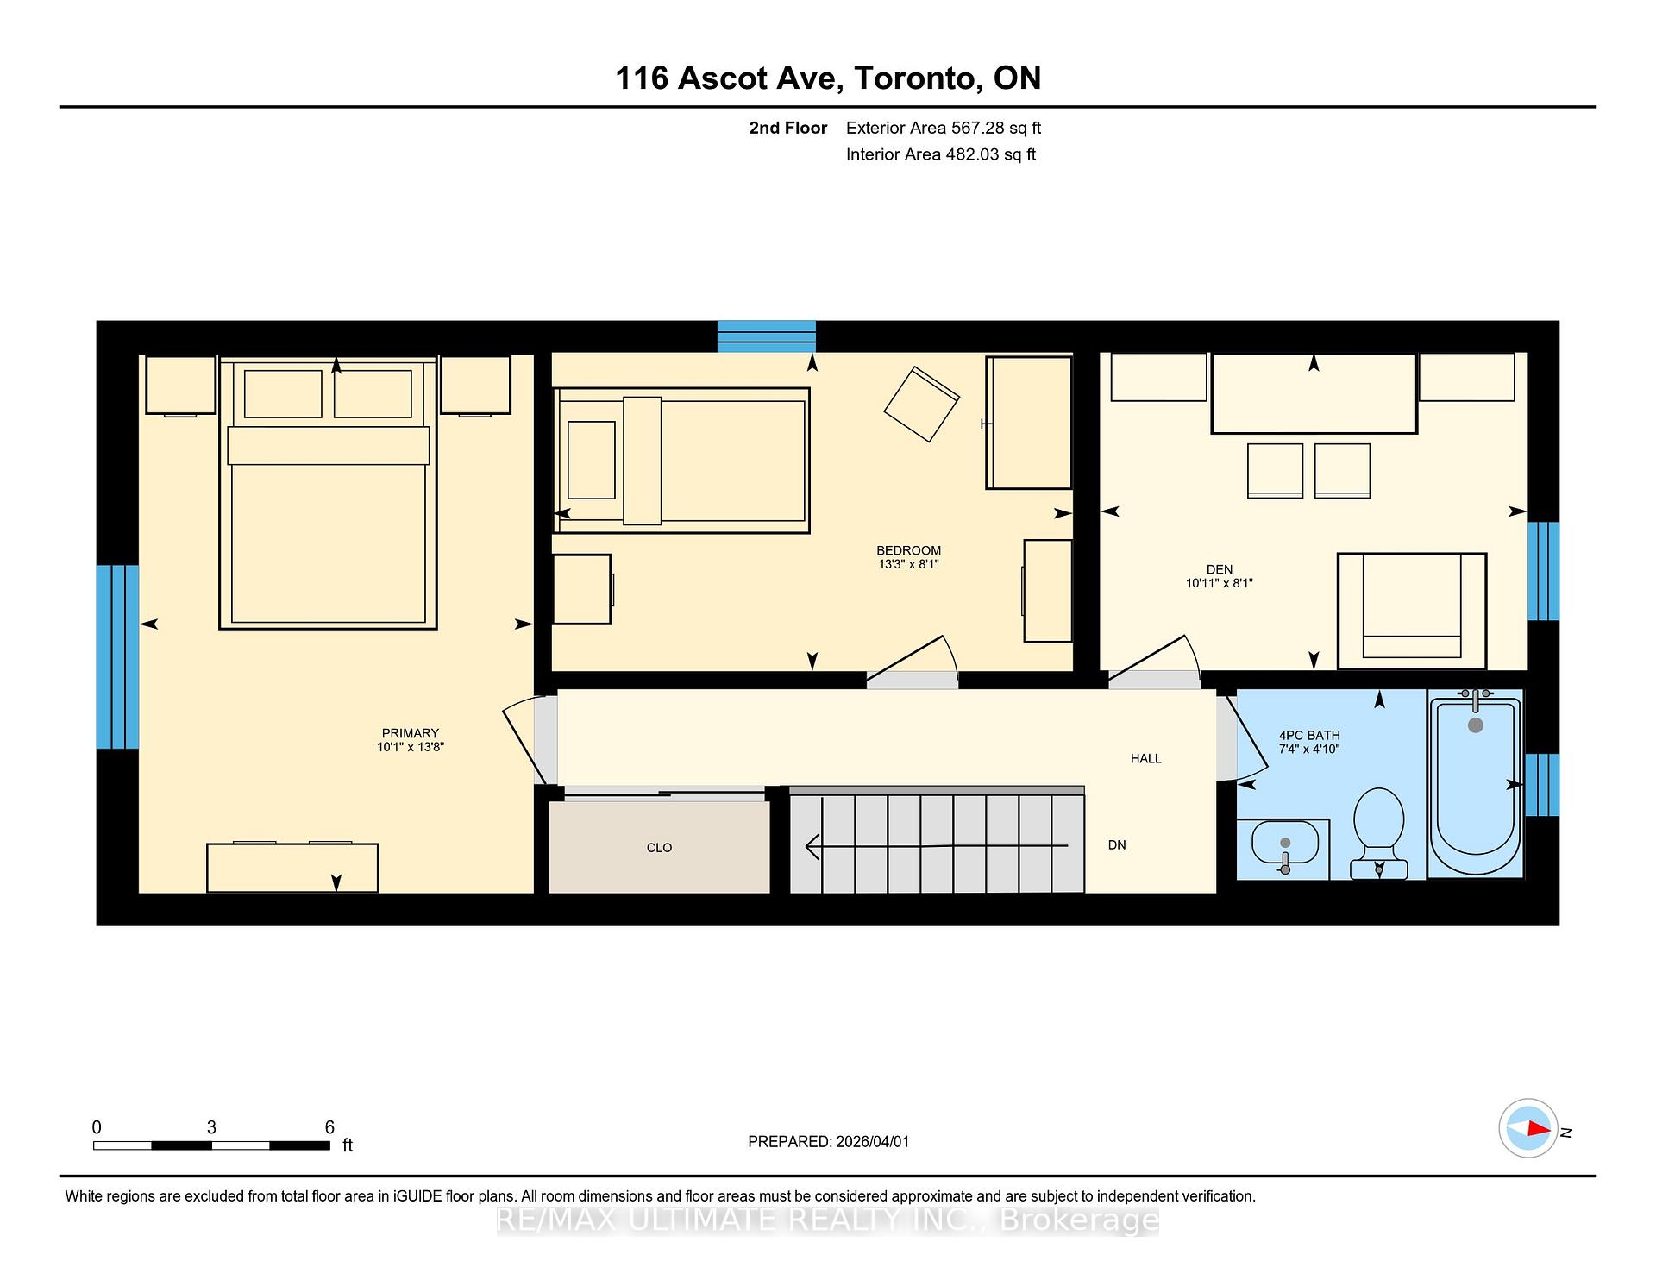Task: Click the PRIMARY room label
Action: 410,739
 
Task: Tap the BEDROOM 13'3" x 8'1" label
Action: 908,557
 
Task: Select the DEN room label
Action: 1219,576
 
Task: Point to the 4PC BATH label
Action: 1308,742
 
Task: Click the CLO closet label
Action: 659,848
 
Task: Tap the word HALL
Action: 1145,759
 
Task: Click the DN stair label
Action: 1117,845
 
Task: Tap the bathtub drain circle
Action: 1475,725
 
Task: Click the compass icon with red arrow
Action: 1528,1128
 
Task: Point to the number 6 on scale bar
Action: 329,1127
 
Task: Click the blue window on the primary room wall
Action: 117,656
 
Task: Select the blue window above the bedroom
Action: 766,336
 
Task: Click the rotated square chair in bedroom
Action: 921,405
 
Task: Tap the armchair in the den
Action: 1411,610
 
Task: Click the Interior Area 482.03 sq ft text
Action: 940,154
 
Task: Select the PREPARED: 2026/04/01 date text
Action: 828,1141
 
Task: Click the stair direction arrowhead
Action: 812,846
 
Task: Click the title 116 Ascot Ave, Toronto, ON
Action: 827,78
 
